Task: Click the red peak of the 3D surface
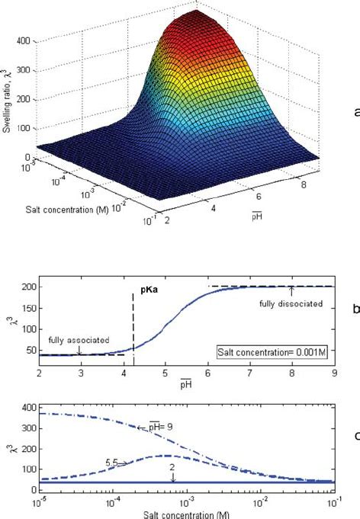(x=198, y=17)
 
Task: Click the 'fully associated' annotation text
(x=78, y=341)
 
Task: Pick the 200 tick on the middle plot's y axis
(x=28, y=287)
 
